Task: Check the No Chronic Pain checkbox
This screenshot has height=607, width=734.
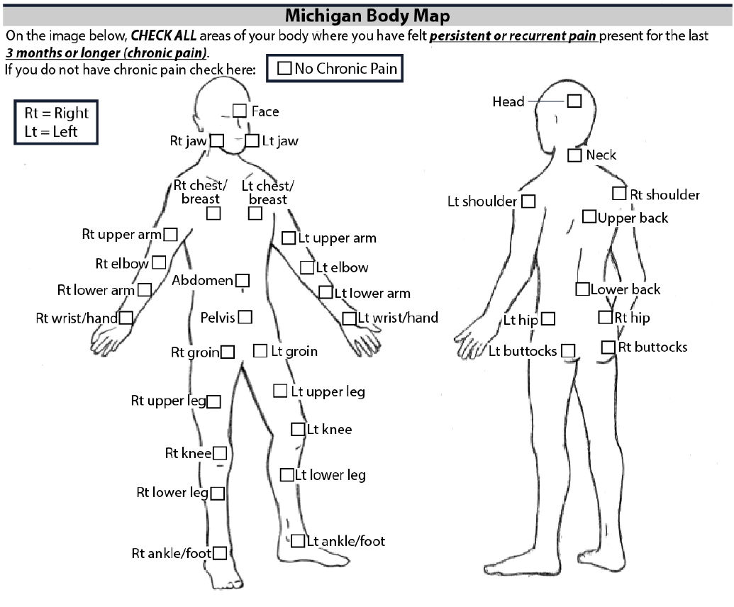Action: tap(284, 69)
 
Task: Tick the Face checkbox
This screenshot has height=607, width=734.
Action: tap(240, 111)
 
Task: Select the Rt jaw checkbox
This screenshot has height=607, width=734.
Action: tap(217, 140)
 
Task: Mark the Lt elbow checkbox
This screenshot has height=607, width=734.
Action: tap(307, 267)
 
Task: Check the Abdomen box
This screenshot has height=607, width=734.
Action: tap(242, 280)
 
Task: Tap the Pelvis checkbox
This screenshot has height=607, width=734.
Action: tap(245, 317)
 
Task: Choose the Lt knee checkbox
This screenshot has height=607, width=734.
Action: tap(298, 429)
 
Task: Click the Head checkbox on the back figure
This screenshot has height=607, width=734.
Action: tap(574, 101)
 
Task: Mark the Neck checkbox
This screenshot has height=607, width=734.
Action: tap(575, 155)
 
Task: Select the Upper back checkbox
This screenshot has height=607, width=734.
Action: tap(589, 216)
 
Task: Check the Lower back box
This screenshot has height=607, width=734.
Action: tap(582, 289)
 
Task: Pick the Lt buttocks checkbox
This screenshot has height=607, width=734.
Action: tap(567, 350)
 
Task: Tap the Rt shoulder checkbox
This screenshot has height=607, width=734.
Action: tap(619, 193)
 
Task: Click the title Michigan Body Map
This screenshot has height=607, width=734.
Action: tap(367, 14)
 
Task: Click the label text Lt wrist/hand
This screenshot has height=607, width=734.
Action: tap(398, 318)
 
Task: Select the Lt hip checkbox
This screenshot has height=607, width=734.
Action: tap(547, 319)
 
